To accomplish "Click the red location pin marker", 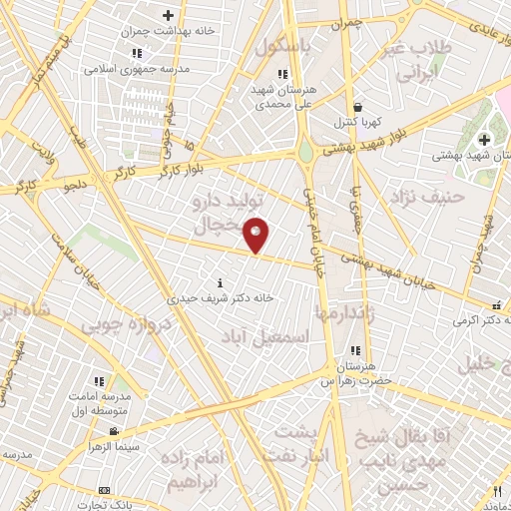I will [x=257, y=235].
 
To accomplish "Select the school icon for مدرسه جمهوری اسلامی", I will [x=137, y=53].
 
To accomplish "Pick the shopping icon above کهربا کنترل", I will [x=357, y=107].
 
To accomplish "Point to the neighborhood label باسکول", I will [x=283, y=47].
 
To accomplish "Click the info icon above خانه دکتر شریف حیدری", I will [x=221, y=281].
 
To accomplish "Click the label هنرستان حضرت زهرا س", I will [x=356, y=373].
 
